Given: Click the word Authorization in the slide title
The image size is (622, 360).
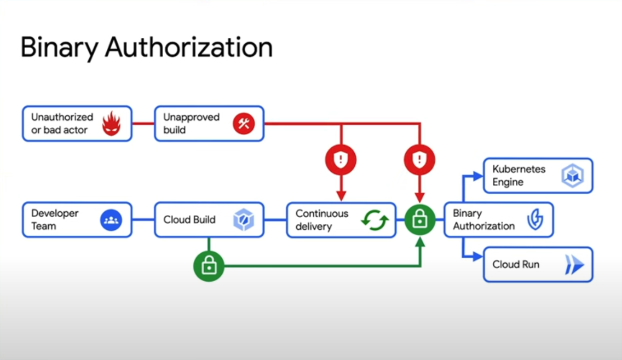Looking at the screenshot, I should click(x=189, y=48).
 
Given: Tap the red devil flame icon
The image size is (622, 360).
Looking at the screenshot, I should click(x=111, y=124).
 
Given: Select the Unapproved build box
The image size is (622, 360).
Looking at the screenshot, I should click(x=209, y=124).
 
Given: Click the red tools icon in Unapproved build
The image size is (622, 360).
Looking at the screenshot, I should click(x=244, y=124).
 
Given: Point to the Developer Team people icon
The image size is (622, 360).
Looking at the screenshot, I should click(x=111, y=220).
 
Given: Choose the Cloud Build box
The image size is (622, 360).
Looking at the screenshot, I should click(x=209, y=220).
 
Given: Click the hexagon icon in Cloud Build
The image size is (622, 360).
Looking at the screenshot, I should click(x=243, y=220).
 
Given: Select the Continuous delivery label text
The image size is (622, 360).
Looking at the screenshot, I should click(x=322, y=220).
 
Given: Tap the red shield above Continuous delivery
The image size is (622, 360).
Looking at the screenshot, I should click(x=341, y=159).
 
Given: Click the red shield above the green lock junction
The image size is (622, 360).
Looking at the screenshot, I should click(x=419, y=159).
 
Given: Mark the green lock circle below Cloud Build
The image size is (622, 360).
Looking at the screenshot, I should click(x=209, y=266).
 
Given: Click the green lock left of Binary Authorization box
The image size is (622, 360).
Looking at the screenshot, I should click(x=419, y=220).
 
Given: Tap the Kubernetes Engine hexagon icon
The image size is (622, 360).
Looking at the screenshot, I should click(x=572, y=176).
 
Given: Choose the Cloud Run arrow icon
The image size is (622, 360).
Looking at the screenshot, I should click(x=573, y=265).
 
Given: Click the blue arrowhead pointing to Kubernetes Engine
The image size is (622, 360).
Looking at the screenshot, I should click(x=478, y=176).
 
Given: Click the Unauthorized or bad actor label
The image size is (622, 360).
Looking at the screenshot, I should click(x=62, y=124).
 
